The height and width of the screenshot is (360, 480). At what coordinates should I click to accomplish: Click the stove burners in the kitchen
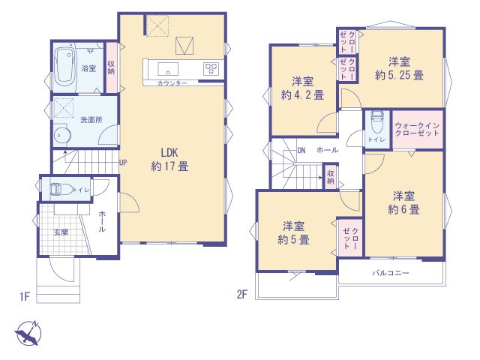pyautogui.click(x=211, y=69)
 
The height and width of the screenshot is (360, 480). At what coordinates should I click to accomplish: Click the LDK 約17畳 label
pyautogui.click(x=169, y=160)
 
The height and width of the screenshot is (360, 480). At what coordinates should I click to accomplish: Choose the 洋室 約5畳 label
pyautogui.click(x=294, y=233)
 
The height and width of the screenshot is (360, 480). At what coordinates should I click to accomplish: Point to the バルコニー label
pyautogui.click(x=391, y=273)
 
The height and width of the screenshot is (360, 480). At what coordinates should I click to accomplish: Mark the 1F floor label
pyautogui.click(x=24, y=297)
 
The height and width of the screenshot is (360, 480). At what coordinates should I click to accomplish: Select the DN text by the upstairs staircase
pyautogui.click(x=301, y=150)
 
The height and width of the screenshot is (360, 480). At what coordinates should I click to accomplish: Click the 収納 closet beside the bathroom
pyautogui.click(x=111, y=67)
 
